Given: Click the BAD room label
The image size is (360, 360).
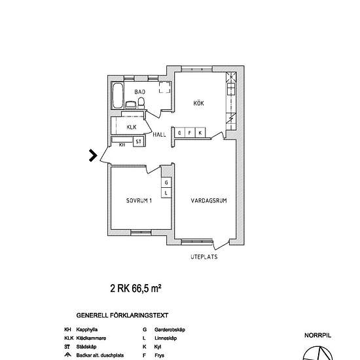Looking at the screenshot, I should pos(139,92).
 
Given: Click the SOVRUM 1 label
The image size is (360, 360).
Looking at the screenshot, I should pos(139,201).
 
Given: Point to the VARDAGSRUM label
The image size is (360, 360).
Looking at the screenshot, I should pos(209,201).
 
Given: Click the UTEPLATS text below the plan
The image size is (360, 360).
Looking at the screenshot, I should pos(204,257).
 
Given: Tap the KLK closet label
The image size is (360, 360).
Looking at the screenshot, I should pos(132,126).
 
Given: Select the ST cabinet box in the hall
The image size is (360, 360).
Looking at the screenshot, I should pos(138,141).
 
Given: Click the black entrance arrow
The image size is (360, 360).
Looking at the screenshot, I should pos(93,155).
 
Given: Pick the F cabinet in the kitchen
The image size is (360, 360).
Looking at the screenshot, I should pos(190,133).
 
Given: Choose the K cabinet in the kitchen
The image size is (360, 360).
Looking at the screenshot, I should pos(200,133).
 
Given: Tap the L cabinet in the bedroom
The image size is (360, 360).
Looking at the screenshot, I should pos(166,193).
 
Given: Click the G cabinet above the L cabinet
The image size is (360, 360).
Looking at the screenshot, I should pos(166,182).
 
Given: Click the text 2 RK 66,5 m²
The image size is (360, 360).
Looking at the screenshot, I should pos(135,287).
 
